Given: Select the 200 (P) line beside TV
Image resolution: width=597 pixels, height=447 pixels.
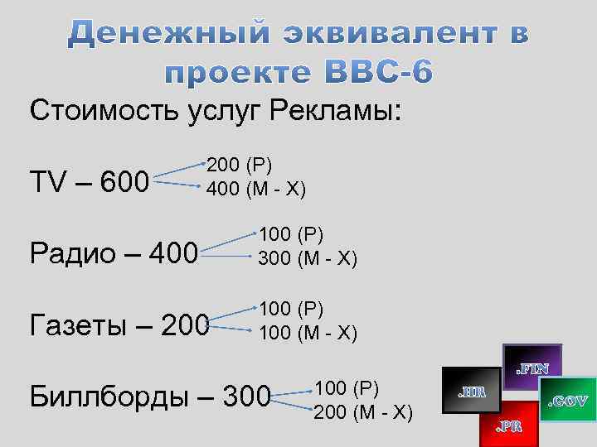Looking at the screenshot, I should (240, 164).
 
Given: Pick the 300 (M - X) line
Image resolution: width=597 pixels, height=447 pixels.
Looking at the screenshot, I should (308, 259).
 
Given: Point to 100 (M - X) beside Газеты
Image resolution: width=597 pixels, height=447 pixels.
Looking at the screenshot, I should (308, 332).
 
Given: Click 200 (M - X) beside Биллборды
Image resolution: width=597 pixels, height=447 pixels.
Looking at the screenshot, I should (362, 410).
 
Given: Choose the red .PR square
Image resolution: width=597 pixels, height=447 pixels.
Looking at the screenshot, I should (508, 425).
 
